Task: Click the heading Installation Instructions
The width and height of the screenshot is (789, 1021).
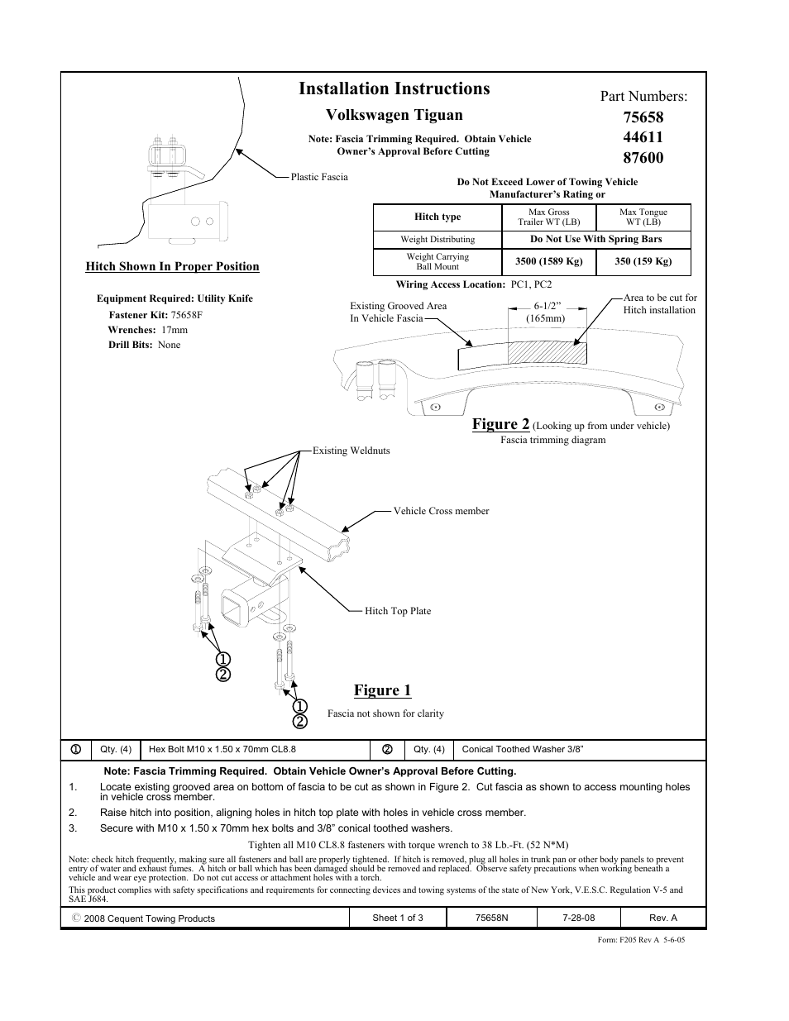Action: click(394, 88)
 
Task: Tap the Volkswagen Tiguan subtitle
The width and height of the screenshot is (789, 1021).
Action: click(394, 115)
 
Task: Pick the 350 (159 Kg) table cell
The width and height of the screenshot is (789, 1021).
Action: click(643, 261)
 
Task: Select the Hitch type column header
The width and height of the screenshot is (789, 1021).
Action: click(438, 217)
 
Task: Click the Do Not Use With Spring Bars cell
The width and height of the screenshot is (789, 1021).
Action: click(595, 239)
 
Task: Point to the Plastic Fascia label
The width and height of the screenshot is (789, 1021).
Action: click(319, 177)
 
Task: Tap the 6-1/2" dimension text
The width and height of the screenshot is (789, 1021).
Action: click(547, 307)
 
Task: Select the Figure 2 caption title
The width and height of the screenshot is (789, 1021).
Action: click(500, 424)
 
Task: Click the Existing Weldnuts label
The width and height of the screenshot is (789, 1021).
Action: click(351, 451)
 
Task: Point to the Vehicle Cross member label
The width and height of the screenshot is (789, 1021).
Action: click(441, 511)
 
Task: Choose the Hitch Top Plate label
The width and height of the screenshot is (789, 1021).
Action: click(398, 611)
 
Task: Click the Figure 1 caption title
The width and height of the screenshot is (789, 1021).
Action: click(382, 690)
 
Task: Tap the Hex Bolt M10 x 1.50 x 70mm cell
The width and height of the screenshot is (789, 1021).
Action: click(222, 750)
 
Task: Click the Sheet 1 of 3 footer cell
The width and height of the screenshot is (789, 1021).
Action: click(398, 918)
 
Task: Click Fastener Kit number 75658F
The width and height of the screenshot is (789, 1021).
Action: click(186, 315)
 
